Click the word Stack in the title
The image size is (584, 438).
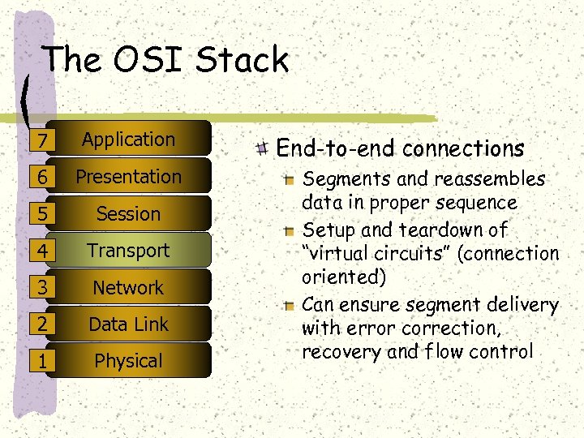click(x=243, y=60)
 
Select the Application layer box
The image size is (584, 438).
click(x=128, y=140)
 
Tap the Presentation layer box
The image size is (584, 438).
click(x=128, y=177)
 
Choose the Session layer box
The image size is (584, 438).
click(x=128, y=214)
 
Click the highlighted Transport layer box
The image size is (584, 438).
click(x=128, y=251)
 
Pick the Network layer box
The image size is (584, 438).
click(x=128, y=288)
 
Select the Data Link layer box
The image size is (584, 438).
click(x=128, y=324)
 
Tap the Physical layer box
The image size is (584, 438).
click(x=128, y=361)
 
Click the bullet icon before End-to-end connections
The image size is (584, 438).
click(x=261, y=148)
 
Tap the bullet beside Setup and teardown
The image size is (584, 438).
click(x=290, y=230)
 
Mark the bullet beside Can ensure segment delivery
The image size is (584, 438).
click(x=290, y=305)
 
